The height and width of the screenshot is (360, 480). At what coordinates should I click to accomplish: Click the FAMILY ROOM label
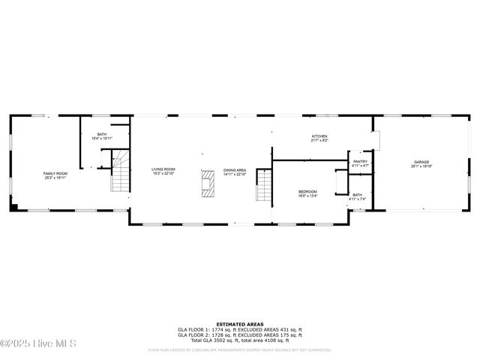[55, 173]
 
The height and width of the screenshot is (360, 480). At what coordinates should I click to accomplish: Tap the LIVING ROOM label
[163, 169]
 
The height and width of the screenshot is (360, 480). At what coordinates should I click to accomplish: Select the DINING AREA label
[235, 170]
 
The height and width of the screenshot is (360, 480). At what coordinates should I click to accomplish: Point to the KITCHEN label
[320, 136]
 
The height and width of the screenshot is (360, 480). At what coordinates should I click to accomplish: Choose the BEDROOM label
[307, 191]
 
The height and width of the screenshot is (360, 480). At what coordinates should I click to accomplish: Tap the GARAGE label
[421, 162]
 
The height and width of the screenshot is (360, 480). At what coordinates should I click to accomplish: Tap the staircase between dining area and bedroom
[263, 186]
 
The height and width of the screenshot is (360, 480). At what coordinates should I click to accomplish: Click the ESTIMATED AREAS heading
[239, 325]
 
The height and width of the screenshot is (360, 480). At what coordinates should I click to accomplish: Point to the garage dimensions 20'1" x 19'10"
[421, 166]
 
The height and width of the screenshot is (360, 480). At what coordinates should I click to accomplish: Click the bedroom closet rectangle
[341, 182]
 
